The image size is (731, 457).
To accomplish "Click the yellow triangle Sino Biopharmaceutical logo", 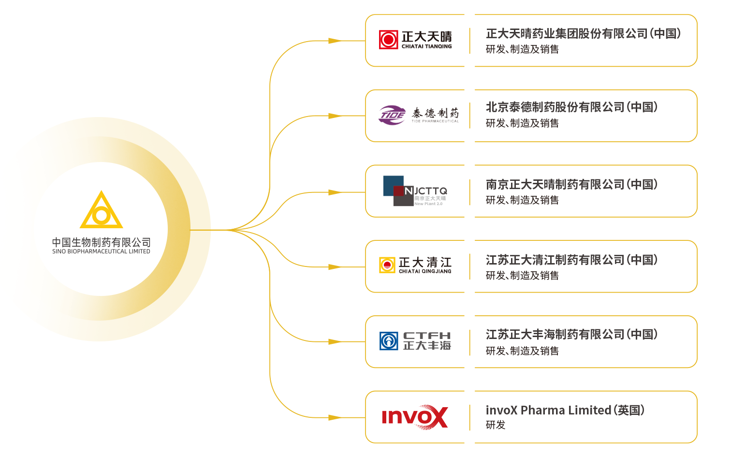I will pos(102,211).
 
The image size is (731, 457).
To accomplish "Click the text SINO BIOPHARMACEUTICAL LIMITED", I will pos(101,251).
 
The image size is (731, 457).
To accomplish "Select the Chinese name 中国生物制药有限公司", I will pos(101,242).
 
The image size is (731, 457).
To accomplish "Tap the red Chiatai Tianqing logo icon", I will pos(388,40).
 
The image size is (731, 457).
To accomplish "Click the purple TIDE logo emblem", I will pos(392,115).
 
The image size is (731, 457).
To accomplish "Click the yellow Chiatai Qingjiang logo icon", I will pos(387,265).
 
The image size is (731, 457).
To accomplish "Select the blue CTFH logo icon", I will pos(389,341).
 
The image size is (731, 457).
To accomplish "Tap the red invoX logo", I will pos(415,417).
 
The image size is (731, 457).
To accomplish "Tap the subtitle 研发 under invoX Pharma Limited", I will pos(496,425).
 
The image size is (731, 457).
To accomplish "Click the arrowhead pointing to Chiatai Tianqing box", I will pos(335,41).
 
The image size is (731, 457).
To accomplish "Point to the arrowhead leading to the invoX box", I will pos(335,417).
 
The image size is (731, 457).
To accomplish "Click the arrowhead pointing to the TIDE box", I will pos(335,116).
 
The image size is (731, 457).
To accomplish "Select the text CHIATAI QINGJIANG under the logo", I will pos(425,271).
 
